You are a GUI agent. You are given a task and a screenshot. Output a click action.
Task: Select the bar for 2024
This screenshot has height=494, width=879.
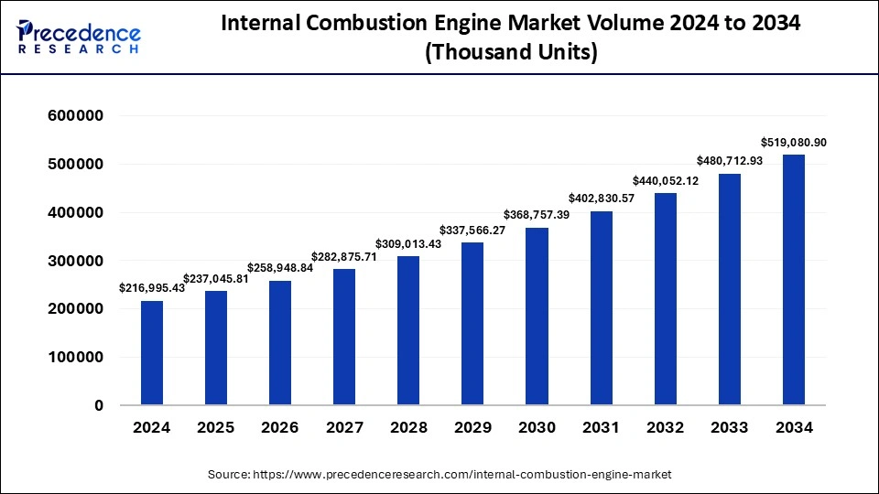coord(152,353)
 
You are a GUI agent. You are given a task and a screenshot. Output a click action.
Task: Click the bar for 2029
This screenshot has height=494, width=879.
coord(472,324)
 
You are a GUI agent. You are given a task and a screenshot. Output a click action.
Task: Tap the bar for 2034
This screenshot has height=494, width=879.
coord(793,280)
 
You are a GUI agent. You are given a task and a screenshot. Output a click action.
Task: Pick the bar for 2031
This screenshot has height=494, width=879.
coord(601,308)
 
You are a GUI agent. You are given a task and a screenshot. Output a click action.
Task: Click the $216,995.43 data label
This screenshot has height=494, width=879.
coord(152,287)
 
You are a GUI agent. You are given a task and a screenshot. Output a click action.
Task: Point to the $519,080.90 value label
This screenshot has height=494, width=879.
coord(793,143)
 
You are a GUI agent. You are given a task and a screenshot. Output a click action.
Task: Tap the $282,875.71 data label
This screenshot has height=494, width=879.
coord(344,255)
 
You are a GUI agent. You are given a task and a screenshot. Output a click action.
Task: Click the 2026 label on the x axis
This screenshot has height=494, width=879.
coord(280,428)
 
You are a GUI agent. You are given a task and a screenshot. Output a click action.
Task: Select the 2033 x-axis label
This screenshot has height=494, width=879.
coord(729,428)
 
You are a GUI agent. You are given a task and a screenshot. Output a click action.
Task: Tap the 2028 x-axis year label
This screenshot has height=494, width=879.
coord(408,428)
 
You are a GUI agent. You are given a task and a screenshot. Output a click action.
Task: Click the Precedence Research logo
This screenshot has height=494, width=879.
coord(79,36)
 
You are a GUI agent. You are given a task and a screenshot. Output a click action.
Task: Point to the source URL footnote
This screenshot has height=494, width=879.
coord(439,475)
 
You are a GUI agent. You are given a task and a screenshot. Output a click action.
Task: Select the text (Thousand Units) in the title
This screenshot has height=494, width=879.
coord(511,54)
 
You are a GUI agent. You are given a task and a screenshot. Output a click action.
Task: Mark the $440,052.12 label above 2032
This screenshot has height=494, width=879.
coord(665,181)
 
